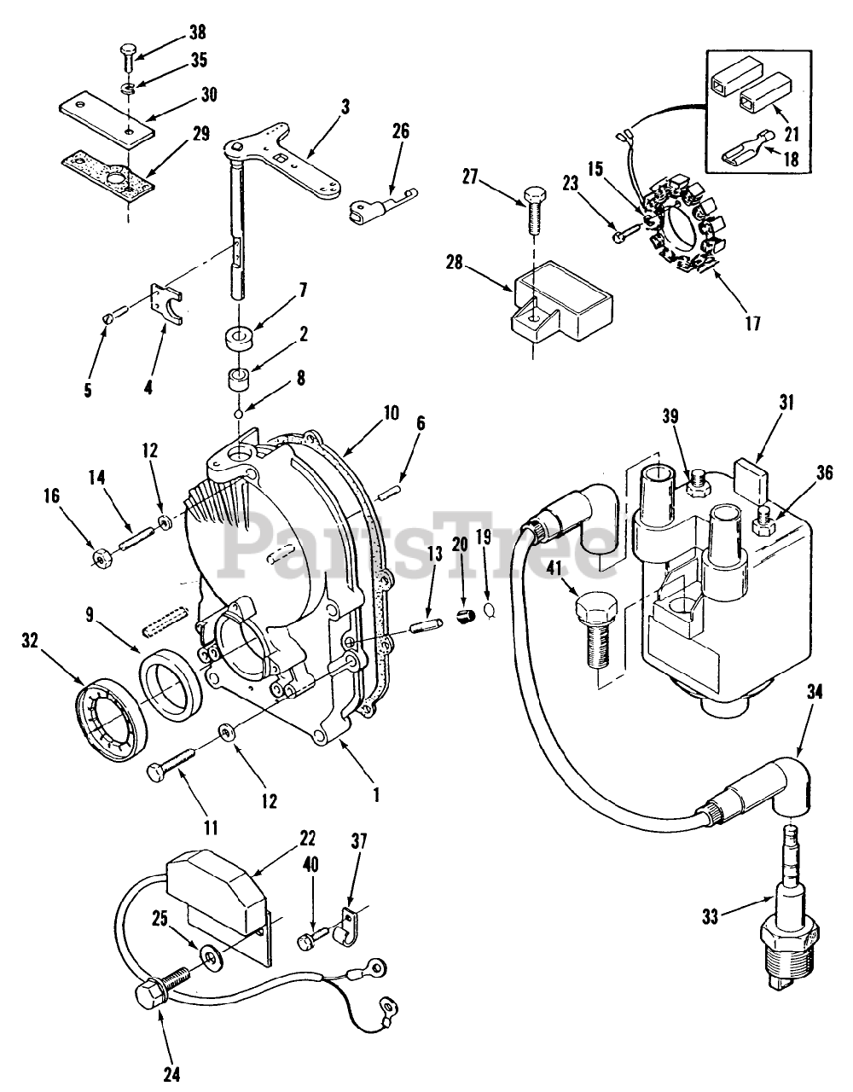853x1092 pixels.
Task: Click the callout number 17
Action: [x=753, y=322]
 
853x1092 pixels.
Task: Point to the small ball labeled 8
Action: [x=239, y=414]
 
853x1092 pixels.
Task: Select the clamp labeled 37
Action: [x=346, y=924]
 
